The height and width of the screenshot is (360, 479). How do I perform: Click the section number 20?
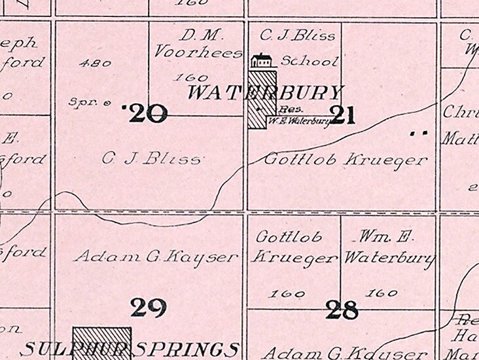coord(149,114)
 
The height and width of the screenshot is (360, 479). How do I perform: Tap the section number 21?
coord(343,116)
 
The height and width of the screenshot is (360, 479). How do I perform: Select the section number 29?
coord(148,307)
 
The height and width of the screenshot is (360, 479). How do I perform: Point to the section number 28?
coord(342,310)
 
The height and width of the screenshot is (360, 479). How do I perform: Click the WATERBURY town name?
coord(265,92)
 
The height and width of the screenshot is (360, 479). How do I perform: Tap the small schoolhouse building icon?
coord(262,61)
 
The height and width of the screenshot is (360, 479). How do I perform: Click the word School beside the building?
coord(310,62)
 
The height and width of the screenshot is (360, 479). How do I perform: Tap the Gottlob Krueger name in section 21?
coord(346,159)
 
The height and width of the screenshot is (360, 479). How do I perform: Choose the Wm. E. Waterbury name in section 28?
coord(389,247)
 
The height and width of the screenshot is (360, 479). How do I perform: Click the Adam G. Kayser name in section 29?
coord(156,257)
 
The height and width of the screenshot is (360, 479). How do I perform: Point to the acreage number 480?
coord(94,63)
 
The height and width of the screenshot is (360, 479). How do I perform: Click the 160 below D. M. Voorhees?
coord(186,77)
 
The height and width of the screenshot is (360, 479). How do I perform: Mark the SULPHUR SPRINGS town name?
coord(130,349)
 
